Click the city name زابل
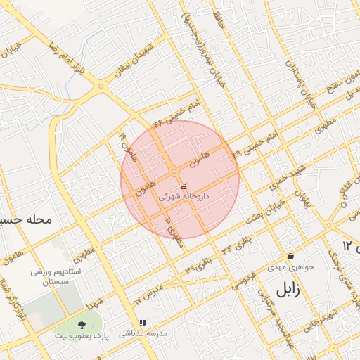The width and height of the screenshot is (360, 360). click(291, 289)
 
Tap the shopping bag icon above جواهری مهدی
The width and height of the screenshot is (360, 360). click(291, 257)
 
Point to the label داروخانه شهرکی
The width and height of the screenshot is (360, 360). click(183, 198)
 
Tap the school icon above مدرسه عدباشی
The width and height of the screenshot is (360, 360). click(143, 323)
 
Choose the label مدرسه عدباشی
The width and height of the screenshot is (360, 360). click(143, 333)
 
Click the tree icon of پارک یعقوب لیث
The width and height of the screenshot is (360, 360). click(83, 325)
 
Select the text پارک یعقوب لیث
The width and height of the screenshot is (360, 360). click(83, 336)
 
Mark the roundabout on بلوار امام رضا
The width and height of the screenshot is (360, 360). click(102, 86)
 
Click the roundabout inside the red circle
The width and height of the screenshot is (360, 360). click(174, 172)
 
